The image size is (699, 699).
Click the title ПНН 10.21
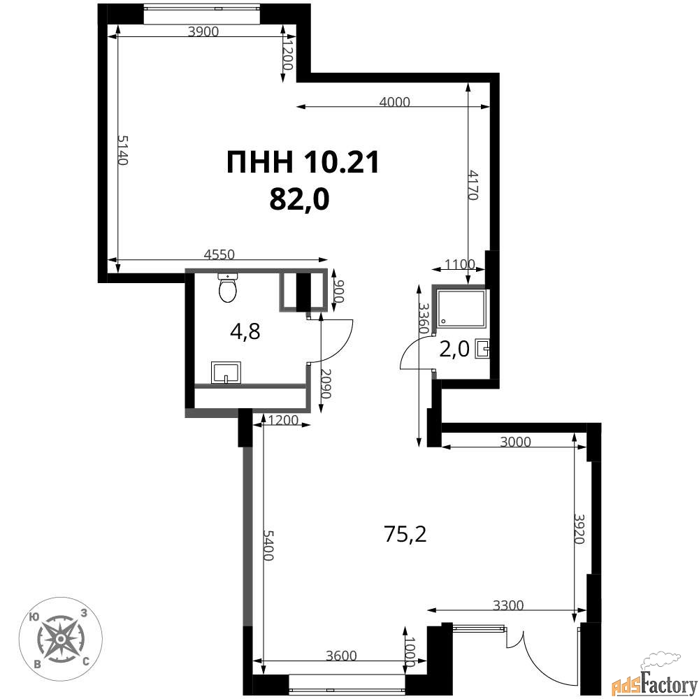click(303, 162)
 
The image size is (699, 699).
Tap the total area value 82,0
click(299, 199)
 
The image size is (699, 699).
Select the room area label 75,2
click(405, 533)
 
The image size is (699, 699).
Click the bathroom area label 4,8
click(245, 331)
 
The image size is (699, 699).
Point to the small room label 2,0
click(454, 349)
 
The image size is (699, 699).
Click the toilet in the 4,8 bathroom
click(228, 287)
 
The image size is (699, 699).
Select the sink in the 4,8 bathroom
click(226, 373)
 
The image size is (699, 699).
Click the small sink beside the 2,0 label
click(483, 349)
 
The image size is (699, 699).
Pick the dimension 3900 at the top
click(203, 31)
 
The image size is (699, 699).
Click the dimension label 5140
click(123, 150)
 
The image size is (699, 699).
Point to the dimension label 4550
click(219, 254)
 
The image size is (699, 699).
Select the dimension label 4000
click(394, 102)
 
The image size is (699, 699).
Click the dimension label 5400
click(268, 545)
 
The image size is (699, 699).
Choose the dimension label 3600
click(341, 656)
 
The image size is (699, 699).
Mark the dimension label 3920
click(579, 529)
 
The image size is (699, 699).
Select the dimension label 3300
click(508, 605)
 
